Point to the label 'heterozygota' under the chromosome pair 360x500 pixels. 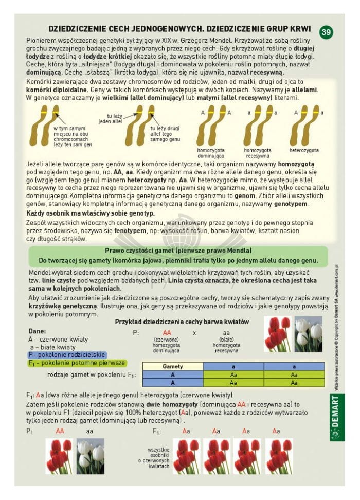point(304,151)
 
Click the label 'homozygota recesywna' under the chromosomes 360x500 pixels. point(258,153)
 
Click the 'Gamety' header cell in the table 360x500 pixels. point(173,366)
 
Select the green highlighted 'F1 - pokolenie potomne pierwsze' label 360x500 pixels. point(77,363)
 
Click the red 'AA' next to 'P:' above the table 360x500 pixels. point(166,333)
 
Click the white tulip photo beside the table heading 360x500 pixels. point(309,333)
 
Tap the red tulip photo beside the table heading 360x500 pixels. point(278,333)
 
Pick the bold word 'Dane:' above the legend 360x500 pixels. point(37,331)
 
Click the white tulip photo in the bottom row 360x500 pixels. point(91,456)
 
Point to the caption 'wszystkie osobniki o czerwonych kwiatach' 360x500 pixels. point(158,457)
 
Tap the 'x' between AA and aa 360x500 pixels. point(195,333)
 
